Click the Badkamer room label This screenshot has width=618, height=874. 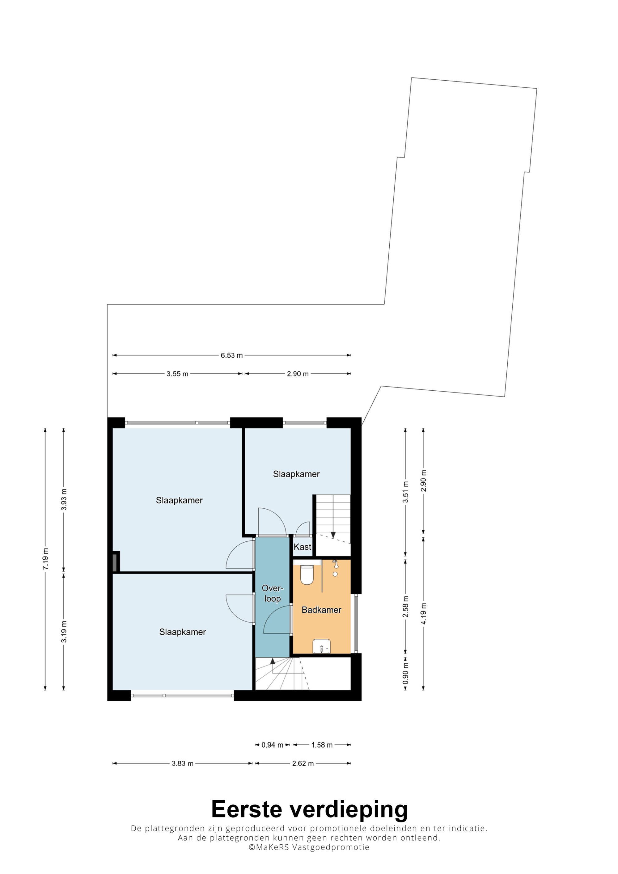pos(321,610)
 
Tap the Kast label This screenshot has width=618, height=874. pos(302,547)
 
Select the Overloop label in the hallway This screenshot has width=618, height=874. pos(273,594)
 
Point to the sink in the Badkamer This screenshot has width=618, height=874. pos(322,646)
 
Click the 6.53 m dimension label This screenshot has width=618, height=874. pos(231,355)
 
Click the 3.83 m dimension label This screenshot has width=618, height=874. pos(183,763)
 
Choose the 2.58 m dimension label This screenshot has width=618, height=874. pos(405,607)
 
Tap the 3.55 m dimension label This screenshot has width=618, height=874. pos(177,374)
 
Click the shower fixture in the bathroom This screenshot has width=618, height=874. pos(335,567)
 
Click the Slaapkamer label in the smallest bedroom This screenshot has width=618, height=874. pos(296,474)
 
